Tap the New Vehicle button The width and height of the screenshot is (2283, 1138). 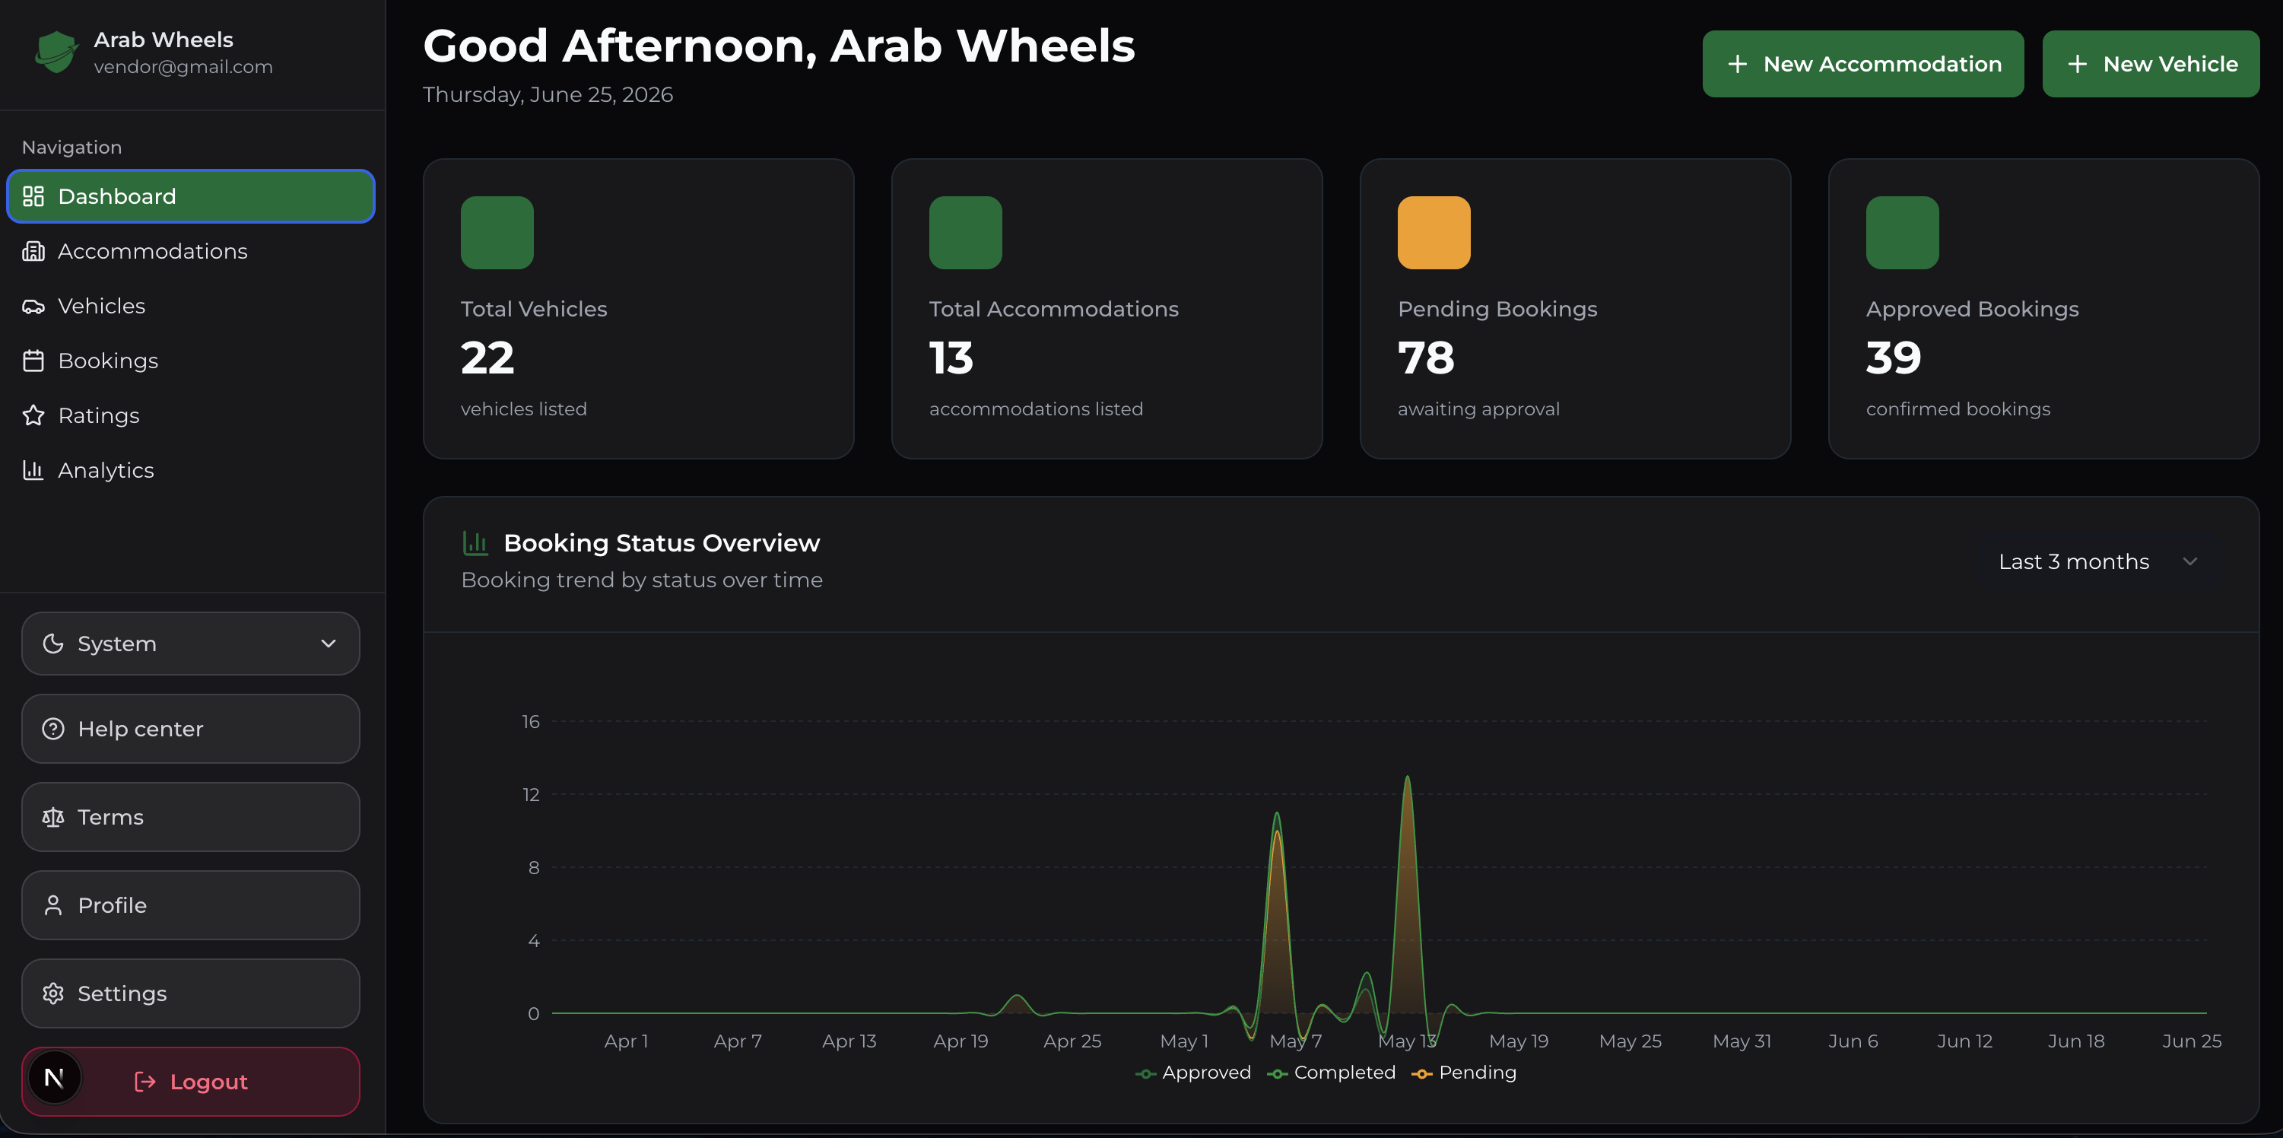[2150, 64]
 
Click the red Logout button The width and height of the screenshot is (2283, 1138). [191, 1081]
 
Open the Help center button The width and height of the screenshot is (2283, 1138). [191, 729]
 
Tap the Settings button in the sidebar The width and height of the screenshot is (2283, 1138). [191, 993]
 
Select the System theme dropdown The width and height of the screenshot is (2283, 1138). [191, 644]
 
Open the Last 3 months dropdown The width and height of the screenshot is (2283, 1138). [2097, 562]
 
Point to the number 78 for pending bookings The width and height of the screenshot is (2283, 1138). [1426, 358]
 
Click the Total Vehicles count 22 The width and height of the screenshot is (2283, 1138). [487, 358]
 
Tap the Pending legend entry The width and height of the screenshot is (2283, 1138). [1464, 1073]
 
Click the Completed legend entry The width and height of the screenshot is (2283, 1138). [1331, 1073]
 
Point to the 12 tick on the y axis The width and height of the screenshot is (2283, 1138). [531, 794]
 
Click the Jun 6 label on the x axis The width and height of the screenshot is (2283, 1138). [1853, 1041]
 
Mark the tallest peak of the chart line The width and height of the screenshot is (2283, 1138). [1408, 777]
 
